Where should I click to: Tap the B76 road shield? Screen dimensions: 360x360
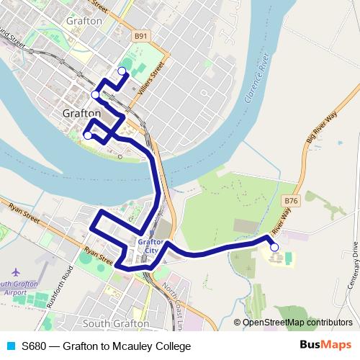pyautogui.click(x=291, y=201)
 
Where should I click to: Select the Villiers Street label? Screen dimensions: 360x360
pyautogui.click(x=156, y=76)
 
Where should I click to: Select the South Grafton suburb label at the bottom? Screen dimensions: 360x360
pyautogui.click(x=117, y=324)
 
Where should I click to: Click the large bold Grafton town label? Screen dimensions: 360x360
pyautogui.click(x=81, y=114)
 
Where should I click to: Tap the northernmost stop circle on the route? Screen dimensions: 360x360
pyautogui.click(x=122, y=71)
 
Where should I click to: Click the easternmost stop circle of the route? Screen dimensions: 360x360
pyautogui.click(x=274, y=248)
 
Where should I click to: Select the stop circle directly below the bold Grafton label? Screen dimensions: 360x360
pyautogui.click(x=88, y=135)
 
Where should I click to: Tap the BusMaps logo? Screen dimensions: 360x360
pyautogui.click(x=325, y=346)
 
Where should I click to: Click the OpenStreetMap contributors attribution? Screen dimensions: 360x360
pyautogui.click(x=297, y=323)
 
